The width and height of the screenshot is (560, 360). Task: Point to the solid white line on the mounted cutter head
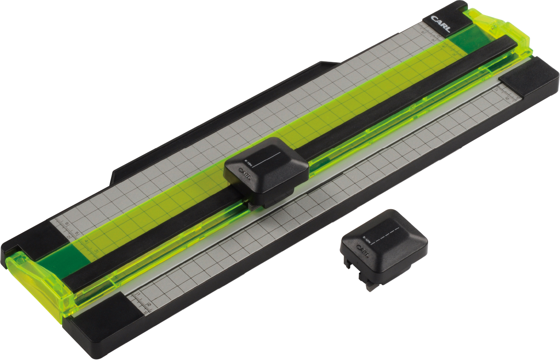click(x=268, y=159)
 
